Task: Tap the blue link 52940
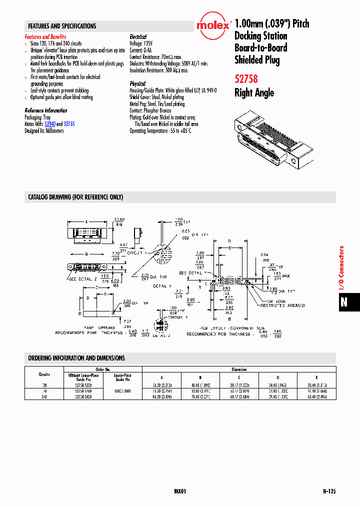coord(50,124)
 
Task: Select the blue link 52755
coord(69,124)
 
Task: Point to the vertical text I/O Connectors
coord(342,268)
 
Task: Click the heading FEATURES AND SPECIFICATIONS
coord(62,26)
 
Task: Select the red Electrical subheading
coord(138,37)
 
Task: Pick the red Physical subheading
coord(137,84)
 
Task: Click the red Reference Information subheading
coord(46,110)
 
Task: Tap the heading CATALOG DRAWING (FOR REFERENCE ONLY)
coord(75,197)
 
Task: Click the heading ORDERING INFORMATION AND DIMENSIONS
coord(76,358)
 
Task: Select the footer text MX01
coord(180,491)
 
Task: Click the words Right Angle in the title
coord(254,93)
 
